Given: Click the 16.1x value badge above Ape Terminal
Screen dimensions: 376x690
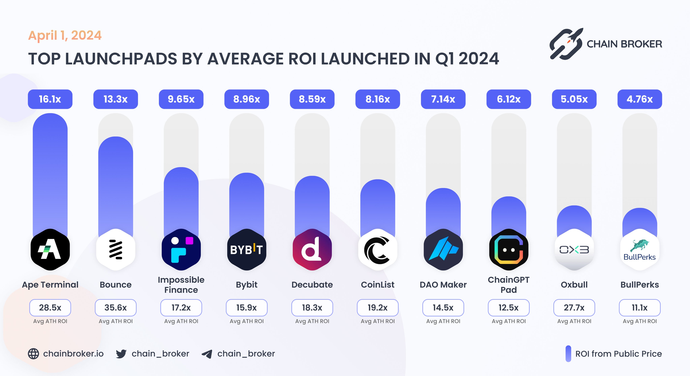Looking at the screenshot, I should pos(50,99).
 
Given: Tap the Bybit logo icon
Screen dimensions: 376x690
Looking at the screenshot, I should pos(247,250).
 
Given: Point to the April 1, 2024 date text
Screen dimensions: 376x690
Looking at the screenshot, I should pos(65,35).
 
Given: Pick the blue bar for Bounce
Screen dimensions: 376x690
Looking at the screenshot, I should pos(116,185).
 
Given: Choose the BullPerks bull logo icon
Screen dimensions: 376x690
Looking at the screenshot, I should pos(640,250).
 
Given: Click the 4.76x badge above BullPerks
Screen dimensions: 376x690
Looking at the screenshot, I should pos(640,99).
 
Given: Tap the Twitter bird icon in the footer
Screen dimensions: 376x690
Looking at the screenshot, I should pos(121,354).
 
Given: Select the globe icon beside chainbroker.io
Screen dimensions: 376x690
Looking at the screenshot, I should pos(34,354).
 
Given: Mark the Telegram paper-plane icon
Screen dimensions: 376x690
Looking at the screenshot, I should pos(207,354).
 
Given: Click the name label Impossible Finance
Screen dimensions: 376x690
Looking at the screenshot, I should pos(181,285).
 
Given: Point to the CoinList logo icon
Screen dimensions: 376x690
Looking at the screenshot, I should pos(378,250).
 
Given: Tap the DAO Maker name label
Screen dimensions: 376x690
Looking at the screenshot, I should pos(443,285).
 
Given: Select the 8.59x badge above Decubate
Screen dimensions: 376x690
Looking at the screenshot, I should pos(312,99).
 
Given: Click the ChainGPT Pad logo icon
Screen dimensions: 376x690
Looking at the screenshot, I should pos(509,250).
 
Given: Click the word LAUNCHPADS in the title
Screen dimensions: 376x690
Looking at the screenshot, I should pos(121,59).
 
